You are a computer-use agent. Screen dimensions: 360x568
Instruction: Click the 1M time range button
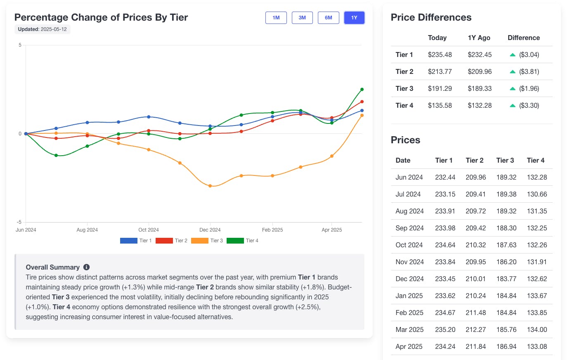click(x=276, y=18)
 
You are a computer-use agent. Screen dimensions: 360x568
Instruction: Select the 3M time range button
click(x=302, y=18)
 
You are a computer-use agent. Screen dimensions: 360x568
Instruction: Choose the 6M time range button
click(x=328, y=18)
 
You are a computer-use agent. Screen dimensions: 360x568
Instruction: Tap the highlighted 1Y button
click(x=354, y=18)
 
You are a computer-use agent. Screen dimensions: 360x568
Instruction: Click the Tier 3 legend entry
click(x=207, y=241)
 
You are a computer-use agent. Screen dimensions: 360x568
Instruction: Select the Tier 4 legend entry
click(x=242, y=241)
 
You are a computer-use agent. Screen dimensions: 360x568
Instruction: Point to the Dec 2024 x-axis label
click(x=210, y=230)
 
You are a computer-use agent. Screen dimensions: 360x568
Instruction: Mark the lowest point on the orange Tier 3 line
click(x=210, y=186)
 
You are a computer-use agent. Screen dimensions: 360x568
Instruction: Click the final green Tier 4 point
click(x=362, y=89)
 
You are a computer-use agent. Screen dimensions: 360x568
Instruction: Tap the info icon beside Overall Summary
click(x=86, y=267)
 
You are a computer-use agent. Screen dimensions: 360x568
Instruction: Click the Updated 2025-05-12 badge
click(x=43, y=29)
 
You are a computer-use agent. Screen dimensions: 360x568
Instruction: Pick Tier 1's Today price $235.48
click(x=440, y=54)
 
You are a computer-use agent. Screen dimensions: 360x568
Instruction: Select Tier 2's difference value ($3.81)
click(x=529, y=71)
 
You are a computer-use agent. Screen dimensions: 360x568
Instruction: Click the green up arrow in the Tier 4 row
click(x=512, y=106)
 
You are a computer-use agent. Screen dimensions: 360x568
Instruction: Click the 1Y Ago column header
click(x=479, y=38)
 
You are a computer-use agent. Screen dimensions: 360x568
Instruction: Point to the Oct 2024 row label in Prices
click(x=409, y=245)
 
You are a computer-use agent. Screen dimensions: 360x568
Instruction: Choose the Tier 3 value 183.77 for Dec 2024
click(x=506, y=279)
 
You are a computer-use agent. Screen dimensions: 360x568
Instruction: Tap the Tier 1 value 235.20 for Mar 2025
click(x=445, y=329)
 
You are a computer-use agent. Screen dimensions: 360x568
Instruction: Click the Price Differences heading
click(x=431, y=17)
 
